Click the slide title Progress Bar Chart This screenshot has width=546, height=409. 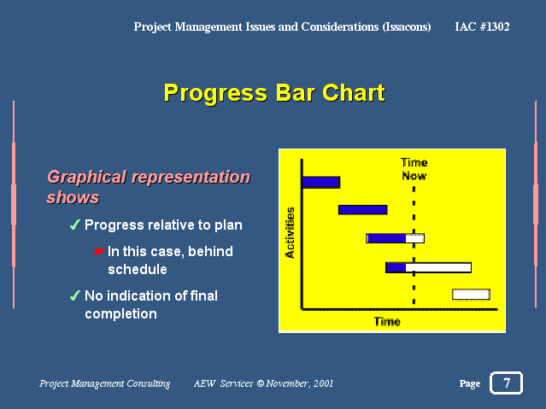274,93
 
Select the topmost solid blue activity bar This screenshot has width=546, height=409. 321,183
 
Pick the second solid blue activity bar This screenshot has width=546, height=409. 363,209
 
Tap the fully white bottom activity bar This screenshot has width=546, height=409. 471,294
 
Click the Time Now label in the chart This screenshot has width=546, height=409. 414,169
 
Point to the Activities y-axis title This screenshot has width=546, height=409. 290,232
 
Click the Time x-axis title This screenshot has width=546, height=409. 387,321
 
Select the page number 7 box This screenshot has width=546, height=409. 507,383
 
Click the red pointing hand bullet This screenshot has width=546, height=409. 99,251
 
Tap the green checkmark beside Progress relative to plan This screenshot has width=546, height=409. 75,225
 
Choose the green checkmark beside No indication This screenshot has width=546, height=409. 75,295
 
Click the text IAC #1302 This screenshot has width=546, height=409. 482,26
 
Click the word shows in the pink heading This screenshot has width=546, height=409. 73,197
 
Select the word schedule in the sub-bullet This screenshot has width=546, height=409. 138,269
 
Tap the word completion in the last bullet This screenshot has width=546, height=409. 120,314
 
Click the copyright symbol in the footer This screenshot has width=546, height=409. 260,383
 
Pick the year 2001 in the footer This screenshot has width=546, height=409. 323,383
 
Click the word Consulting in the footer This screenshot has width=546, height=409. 149,383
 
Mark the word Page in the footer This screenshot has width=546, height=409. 470,383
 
